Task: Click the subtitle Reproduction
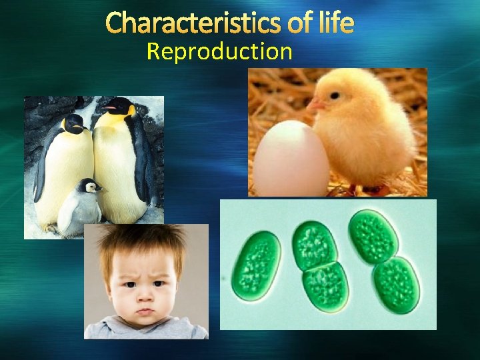click(219, 51)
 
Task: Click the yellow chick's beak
click(315, 105)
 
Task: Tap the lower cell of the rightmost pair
click(396, 283)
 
